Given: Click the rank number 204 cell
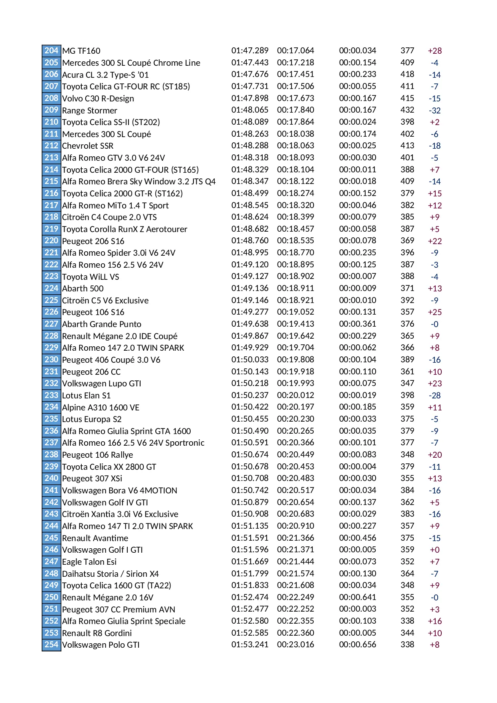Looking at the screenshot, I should pyautogui.click(x=51, y=51).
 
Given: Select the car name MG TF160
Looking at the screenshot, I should pyautogui.click(x=81, y=51).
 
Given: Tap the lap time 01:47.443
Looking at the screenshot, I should pyautogui.click(x=250, y=63).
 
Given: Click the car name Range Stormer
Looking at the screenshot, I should pyautogui.click(x=90, y=110).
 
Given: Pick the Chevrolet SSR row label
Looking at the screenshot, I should pyautogui.click(x=88, y=146).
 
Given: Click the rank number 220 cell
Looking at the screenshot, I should pyautogui.click(x=51, y=240).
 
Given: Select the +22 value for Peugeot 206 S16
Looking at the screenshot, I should pyautogui.click(x=435, y=241).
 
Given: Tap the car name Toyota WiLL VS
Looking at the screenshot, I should pyautogui.click(x=91, y=277).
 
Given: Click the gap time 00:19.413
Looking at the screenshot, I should pyautogui.click(x=296, y=324).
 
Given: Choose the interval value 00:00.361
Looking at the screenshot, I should pyautogui.click(x=357, y=324).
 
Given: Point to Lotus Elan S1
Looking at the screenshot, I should pyautogui.click(x=86, y=396).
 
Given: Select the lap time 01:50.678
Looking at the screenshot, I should pyautogui.click(x=250, y=467).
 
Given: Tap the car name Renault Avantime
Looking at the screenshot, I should pyautogui.click(x=95, y=538).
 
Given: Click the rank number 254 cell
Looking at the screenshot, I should pyautogui.click(x=51, y=644).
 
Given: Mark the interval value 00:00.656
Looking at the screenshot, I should pyautogui.click(x=357, y=644).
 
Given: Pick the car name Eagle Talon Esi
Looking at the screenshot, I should pyautogui.click(x=89, y=562).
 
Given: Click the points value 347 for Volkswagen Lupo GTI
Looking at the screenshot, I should pyautogui.click(x=407, y=383).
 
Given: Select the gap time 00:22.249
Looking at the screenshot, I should pyautogui.click(x=296, y=597).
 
